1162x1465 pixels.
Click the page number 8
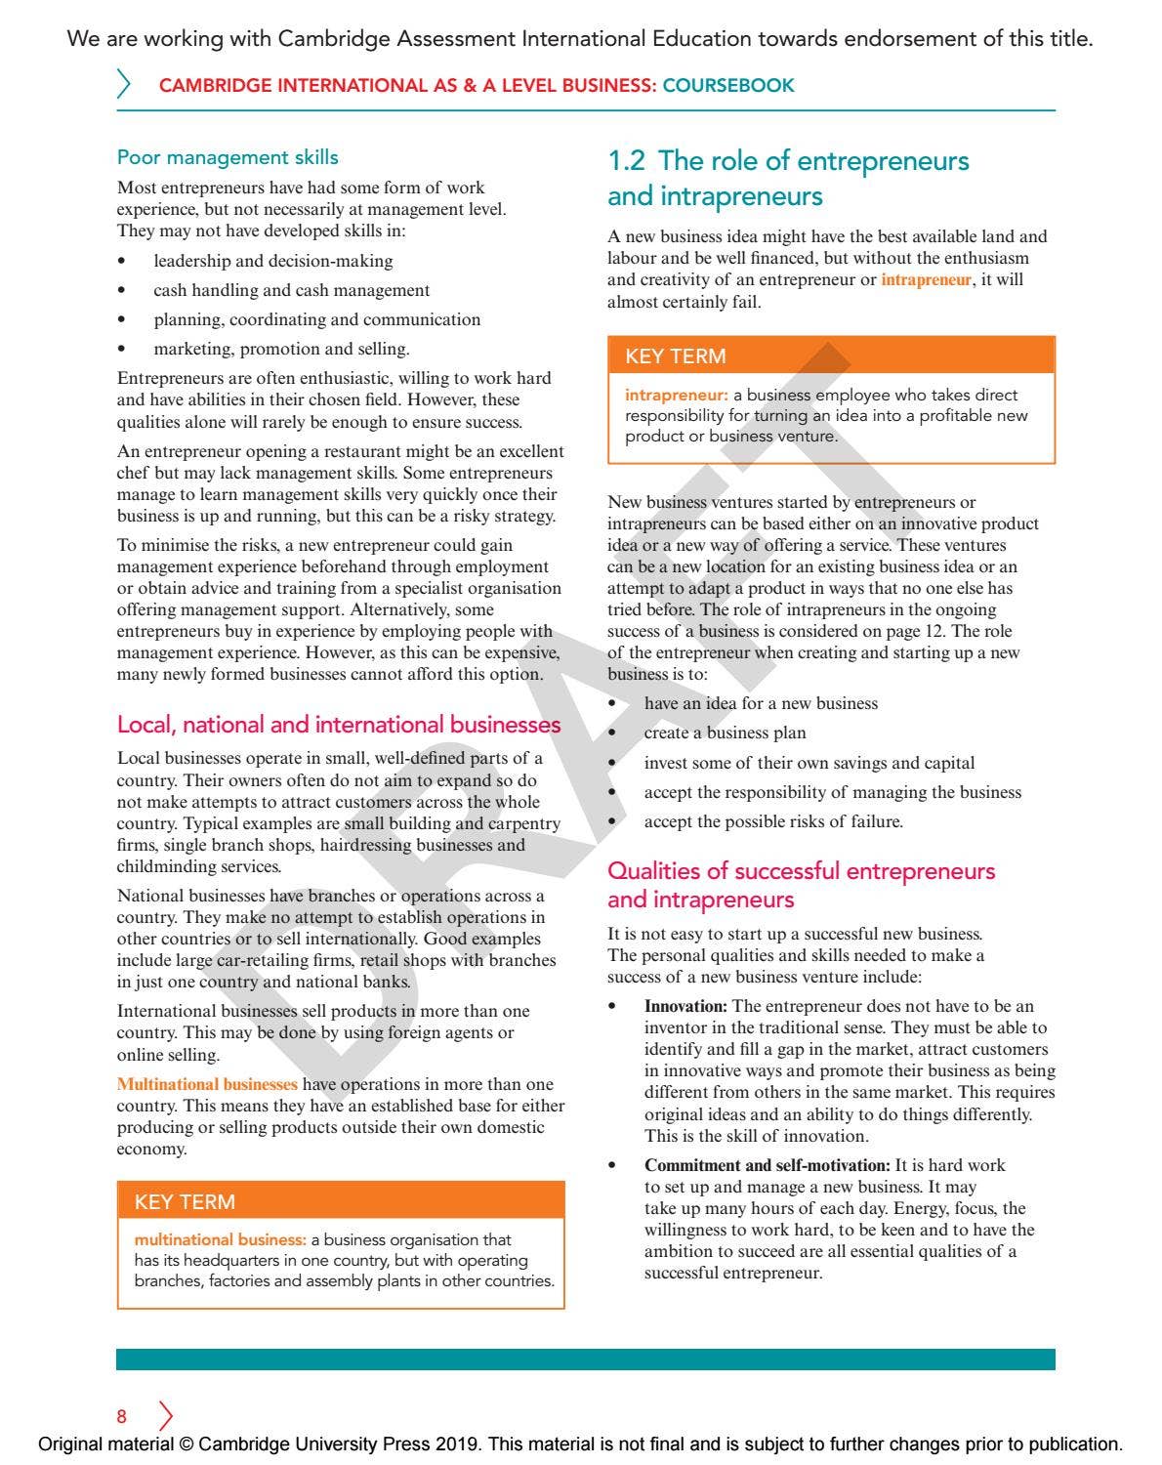pyautogui.click(x=122, y=1416)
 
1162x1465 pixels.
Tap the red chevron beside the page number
pyautogui.click(x=165, y=1416)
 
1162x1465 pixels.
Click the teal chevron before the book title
pyautogui.click(x=124, y=84)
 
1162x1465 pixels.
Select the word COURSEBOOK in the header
pyautogui.click(x=728, y=86)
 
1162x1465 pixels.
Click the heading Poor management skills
pyautogui.click(x=228, y=157)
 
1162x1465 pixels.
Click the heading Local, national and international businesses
pyautogui.click(x=339, y=725)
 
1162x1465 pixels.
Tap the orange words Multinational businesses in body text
pyautogui.click(x=207, y=1084)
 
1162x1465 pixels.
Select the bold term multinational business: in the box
pyautogui.click(x=220, y=1239)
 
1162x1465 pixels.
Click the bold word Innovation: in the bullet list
pyautogui.click(x=685, y=1006)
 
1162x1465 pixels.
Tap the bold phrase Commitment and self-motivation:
pyautogui.click(x=767, y=1165)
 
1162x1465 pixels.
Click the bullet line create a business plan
pyautogui.click(x=725, y=732)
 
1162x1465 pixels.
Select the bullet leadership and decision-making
pyautogui.click(x=272, y=261)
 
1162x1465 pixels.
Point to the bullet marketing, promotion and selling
pyautogui.click(x=281, y=349)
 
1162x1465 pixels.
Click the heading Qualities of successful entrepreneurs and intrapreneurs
pyautogui.click(x=801, y=885)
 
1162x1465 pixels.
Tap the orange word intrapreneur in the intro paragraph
pyautogui.click(x=926, y=280)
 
